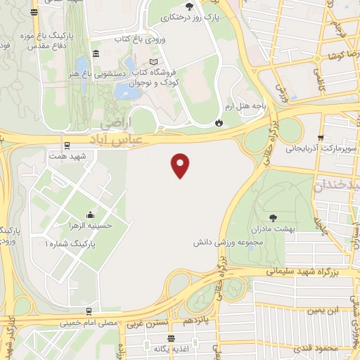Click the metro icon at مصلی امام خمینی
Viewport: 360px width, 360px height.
[89, 311]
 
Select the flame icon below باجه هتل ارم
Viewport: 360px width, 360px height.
[219, 123]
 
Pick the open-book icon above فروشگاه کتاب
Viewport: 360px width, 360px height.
[153, 61]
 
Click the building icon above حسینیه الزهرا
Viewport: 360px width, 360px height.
[90, 214]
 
